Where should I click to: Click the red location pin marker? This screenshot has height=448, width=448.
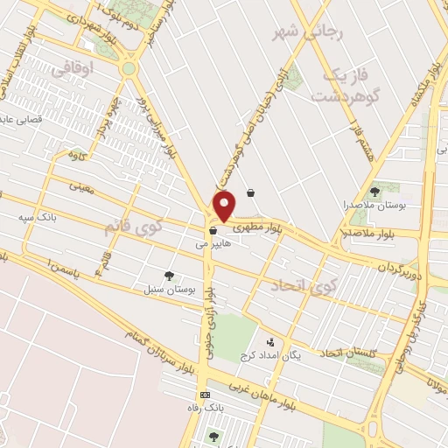[226, 206]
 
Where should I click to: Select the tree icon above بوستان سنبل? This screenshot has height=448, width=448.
[169, 275]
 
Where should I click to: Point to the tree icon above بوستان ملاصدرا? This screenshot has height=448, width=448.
[374, 191]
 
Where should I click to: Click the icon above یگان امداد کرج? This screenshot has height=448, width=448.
[269, 342]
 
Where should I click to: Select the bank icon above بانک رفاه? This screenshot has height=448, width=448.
[204, 395]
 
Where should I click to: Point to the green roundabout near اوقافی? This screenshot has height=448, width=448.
[129, 68]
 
